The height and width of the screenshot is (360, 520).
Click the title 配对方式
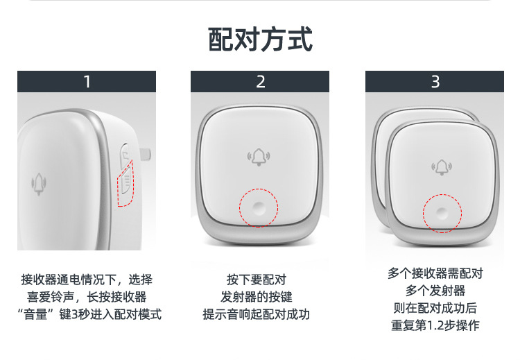pyautogui.click(x=260, y=40)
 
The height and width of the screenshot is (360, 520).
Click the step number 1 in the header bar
pyautogui.click(x=87, y=82)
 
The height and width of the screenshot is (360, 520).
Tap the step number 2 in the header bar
pyautogui.click(x=261, y=82)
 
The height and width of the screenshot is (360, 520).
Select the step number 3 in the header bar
pyautogui.click(x=435, y=82)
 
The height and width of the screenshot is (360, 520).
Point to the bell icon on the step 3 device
pyautogui.click(x=441, y=167)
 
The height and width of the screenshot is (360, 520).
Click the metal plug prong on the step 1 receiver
pyautogui.click(x=146, y=152)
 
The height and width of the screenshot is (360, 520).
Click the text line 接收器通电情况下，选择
pyautogui.click(x=87, y=280)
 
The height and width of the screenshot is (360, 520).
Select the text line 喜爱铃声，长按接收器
pyautogui.click(x=87, y=297)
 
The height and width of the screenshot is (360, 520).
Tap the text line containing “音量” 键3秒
pyautogui.click(x=87, y=314)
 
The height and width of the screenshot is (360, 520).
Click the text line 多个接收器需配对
pyautogui.click(x=435, y=273)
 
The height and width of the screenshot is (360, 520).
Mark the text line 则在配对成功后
pyautogui.click(x=435, y=308)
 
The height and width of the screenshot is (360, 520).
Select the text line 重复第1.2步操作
pyautogui.click(x=435, y=325)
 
